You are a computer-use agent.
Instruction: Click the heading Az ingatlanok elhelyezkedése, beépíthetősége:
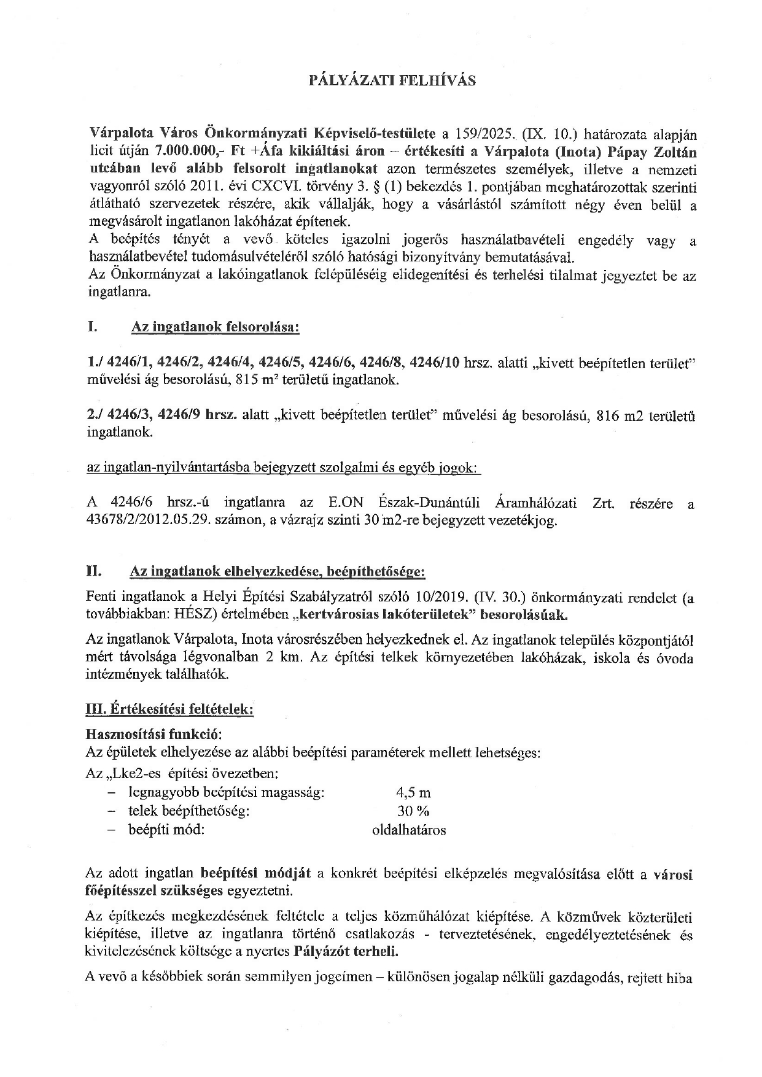pos(277,572)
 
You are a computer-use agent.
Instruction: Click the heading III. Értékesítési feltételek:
pos(169,709)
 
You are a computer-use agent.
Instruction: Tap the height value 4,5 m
pos(414,792)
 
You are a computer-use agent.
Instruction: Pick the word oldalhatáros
pos(409,830)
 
